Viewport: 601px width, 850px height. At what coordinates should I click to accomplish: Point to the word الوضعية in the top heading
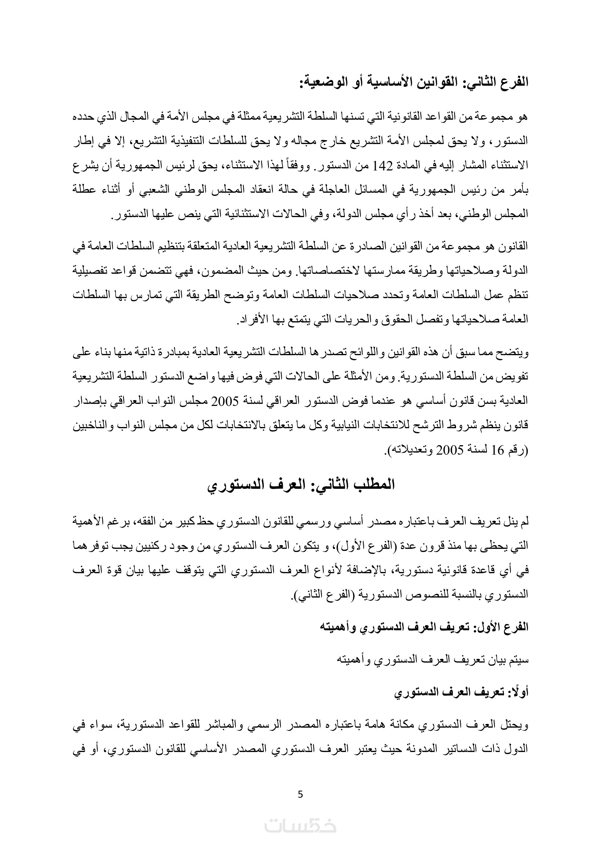322,82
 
